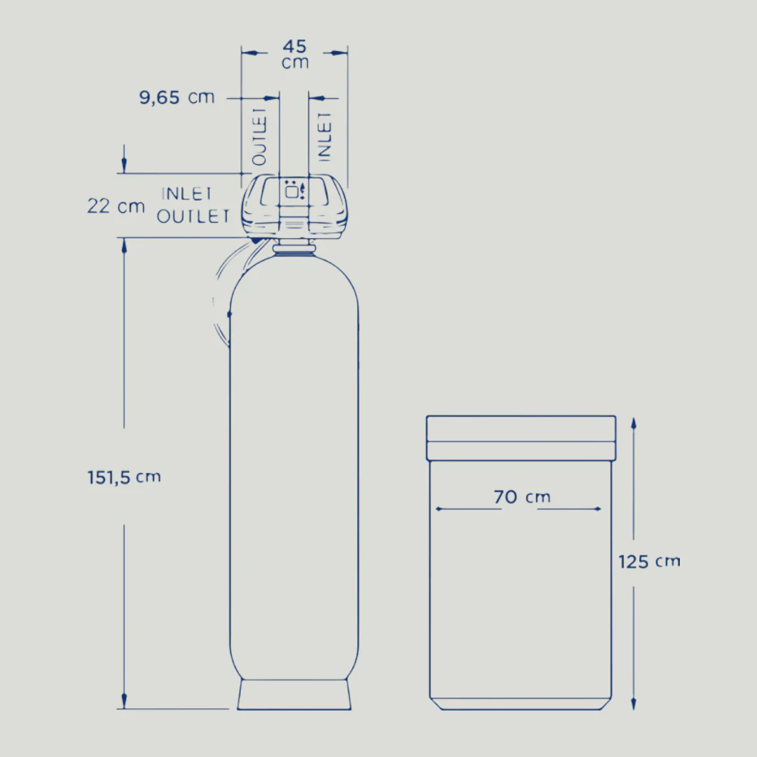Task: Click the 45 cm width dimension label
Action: point(295,54)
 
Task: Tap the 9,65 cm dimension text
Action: point(177,97)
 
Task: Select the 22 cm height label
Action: point(116,206)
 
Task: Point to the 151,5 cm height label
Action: point(124,477)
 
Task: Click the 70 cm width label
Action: point(522,497)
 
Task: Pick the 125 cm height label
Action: point(649,561)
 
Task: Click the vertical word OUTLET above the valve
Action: point(259,137)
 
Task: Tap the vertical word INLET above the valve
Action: point(325,137)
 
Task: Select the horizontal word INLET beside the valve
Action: point(187,193)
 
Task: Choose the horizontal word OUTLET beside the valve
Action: point(193,217)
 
